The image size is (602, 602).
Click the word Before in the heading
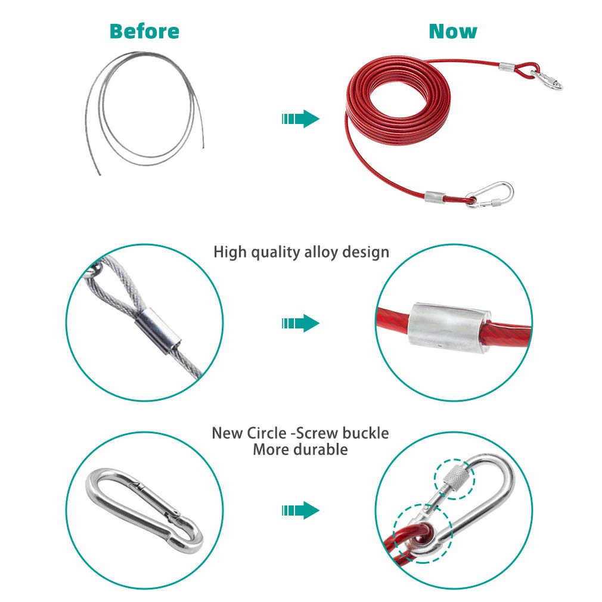144,32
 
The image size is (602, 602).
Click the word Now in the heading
453,32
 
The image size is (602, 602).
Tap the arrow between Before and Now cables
300,119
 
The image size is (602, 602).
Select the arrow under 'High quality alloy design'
300,323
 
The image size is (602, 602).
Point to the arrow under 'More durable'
300,510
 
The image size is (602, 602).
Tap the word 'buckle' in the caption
365,433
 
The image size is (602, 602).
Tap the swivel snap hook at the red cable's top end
548,80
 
